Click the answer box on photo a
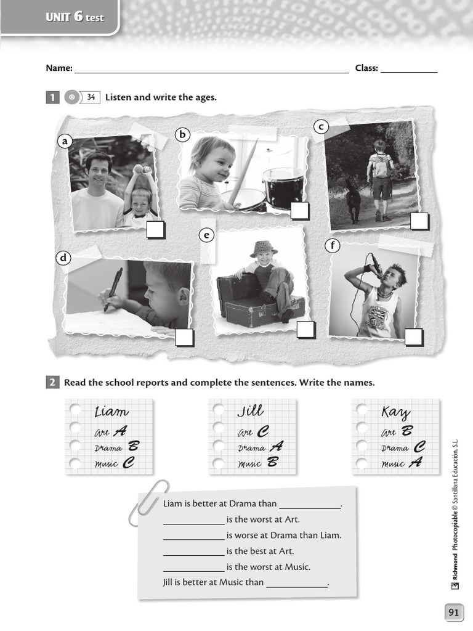tap(156, 230)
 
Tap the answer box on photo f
tap(414, 337)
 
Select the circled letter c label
tap(320, 127)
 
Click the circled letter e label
tap(206, 235)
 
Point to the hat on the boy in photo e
tap(264, 248)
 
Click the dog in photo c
tap(354, 204)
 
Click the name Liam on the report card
tap(111, 411)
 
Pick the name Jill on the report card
tap(250, 410)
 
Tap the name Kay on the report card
tap(395, 412)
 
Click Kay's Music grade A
tap(416, 462)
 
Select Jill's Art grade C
tap(263, 432)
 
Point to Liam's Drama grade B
tap(134, 447)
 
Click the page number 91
tap(454, 612)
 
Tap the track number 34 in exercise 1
tap(91, 97)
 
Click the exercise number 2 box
tap(52, 383)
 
